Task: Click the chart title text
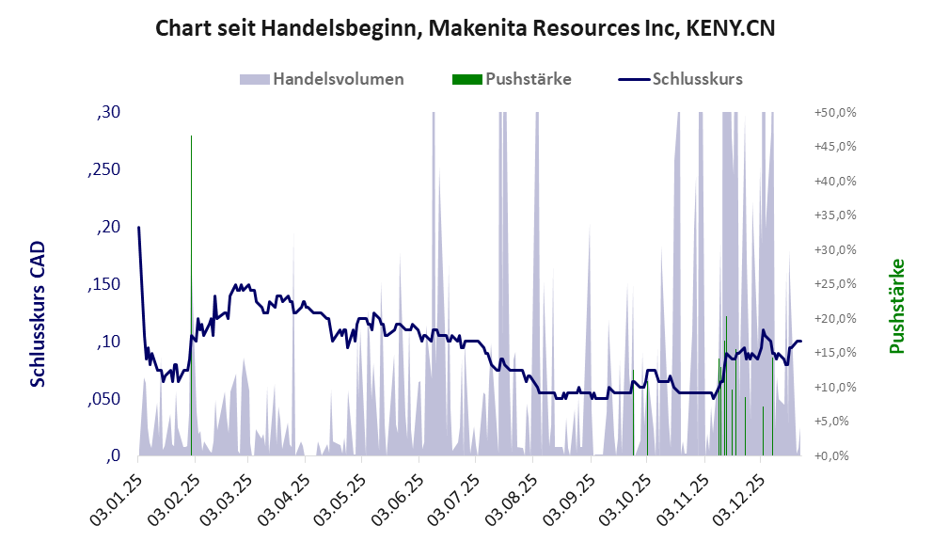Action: (466, 28)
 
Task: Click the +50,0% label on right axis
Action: (834, 113)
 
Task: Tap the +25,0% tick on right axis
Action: (834, 284)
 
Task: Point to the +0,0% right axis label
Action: (836, 456)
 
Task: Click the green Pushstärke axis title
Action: (896, 306)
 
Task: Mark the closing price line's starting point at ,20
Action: (139, 228)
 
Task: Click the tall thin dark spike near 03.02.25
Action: (191, 235)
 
